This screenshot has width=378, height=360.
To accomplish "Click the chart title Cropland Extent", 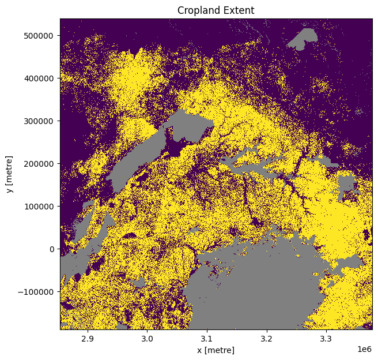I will point(216,10).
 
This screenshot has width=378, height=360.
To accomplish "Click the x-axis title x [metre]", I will point(216,350).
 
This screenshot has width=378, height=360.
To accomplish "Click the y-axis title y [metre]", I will point(10,174).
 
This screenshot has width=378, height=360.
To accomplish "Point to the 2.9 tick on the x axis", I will point(88,339).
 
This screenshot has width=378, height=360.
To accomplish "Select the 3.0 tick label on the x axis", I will point(148,339).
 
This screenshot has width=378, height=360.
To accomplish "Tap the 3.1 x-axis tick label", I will point(207,339).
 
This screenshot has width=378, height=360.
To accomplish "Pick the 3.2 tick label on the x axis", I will point(267,339).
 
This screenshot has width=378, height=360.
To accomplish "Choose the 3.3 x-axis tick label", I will point(326,339).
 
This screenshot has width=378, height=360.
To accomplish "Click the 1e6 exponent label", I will point(364,349).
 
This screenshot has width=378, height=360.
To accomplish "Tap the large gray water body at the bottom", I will point(254,288).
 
